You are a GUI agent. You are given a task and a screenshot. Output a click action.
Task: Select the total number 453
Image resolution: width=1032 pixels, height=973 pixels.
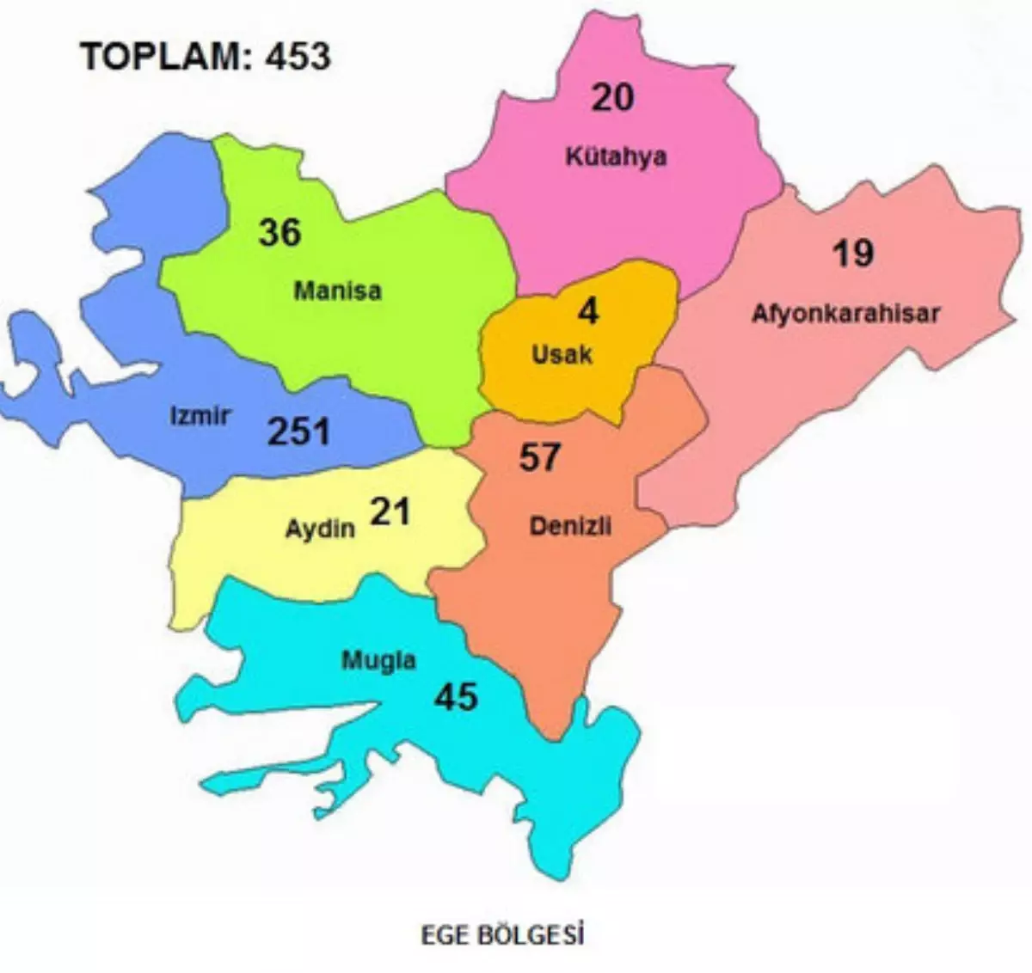coord(297,56)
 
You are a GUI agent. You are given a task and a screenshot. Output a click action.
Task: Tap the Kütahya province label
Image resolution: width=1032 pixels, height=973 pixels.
coord(616,156)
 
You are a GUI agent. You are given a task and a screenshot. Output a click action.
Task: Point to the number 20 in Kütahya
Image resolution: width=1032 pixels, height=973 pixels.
coord(612,97)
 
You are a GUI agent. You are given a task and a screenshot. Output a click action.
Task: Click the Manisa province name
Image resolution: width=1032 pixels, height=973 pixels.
coord(337,291)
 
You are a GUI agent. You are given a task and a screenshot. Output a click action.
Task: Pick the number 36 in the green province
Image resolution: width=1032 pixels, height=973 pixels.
coord(279,232)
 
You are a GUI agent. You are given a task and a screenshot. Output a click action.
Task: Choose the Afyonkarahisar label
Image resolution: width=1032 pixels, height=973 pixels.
coord(845,313)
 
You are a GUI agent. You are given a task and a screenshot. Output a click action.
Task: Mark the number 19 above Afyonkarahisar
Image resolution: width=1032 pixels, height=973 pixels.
coord(852,254)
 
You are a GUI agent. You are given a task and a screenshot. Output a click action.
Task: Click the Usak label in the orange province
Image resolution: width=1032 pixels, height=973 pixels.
coord(562,353)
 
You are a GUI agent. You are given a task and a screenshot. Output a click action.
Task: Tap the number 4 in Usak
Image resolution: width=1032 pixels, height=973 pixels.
coord(587,312)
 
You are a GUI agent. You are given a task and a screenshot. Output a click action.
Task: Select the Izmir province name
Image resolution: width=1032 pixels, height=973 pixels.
coord(200,416)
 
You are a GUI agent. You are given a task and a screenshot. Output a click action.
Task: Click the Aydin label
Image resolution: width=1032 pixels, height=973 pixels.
coord(320,527)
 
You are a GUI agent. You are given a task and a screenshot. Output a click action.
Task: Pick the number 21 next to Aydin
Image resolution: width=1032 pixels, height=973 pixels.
coord(390,512)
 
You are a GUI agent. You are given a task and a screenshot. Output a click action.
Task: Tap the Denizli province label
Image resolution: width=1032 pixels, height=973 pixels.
coord(570,525)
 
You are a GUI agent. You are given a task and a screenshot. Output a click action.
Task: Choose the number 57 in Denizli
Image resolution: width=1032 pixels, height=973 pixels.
coord(539,457)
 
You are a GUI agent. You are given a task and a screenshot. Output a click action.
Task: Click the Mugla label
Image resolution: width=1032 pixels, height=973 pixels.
coord(378,660)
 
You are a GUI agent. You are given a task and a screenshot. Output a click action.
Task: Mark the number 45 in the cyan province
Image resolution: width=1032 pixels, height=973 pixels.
coord(455,696)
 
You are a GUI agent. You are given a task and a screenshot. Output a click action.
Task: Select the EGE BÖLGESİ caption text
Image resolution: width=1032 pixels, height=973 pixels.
coord(502,934)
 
